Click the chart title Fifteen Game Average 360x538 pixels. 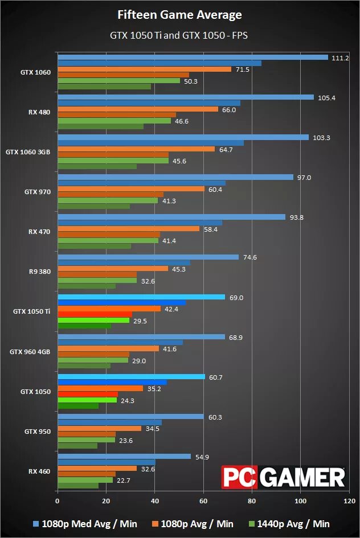click(x=179, y=15)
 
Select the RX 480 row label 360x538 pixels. click(x=39, y=112)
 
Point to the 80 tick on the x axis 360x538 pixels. click(x=251, y=502)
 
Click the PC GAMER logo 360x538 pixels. click(x=284, y=477)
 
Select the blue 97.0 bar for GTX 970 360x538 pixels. click(x=175, y=177)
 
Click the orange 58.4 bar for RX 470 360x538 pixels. click(x=129, y=228)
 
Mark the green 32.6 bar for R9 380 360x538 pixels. click(x=97, y=280)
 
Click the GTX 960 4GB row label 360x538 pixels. click(x=30, y=352)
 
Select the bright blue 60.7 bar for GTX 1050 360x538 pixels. click(x=131, y=376)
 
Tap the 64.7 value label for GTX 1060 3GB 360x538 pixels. click(x=226, y=149)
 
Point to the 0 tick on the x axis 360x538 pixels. click(x=57, y=502)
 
